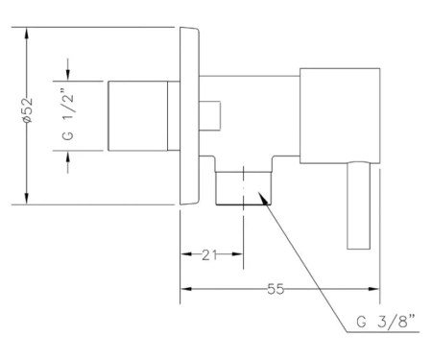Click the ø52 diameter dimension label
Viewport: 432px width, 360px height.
(28, 110)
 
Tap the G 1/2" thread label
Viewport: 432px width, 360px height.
(68, 116)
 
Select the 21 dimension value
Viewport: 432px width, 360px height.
(209, 254)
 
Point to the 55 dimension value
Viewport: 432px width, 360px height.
(276, 289)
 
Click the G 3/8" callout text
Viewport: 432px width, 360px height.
(386, 322)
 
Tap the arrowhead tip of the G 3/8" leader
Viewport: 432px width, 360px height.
(257, 192)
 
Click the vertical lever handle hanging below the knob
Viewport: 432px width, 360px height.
(359, 205)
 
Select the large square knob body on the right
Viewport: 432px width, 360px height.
(340, 116)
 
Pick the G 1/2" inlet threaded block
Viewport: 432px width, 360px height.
(138, 116)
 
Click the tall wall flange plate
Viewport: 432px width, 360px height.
(189, 116)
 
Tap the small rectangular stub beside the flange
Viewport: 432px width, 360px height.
(210, 116)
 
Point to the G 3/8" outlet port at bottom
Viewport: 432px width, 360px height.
(244, 188)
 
